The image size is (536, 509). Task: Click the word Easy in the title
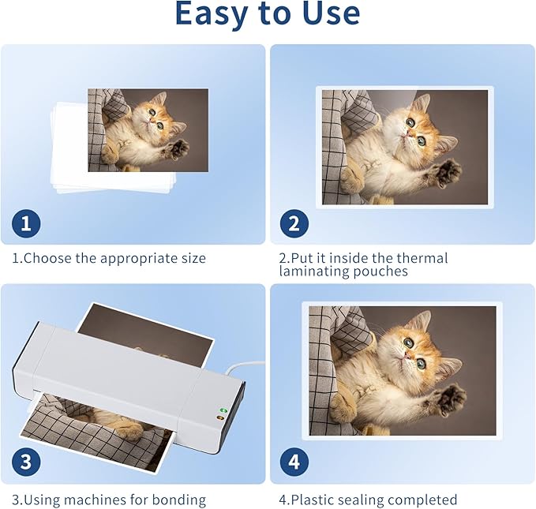pos(211,14)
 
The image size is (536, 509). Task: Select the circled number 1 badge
pos(26,223)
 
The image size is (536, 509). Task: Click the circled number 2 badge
pos(294,224)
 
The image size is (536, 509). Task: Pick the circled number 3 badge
pos(26,462)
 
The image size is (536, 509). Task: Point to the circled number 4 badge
pos(294,462)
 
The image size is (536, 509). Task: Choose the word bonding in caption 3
pos(179,500)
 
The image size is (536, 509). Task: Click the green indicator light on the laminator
pos(222,410)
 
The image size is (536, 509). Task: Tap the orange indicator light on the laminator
pos(220,417)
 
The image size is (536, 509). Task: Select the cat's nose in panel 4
pos(407,356)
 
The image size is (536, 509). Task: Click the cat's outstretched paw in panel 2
pos(447,173)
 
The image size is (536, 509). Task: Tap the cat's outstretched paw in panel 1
pos(176,149)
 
